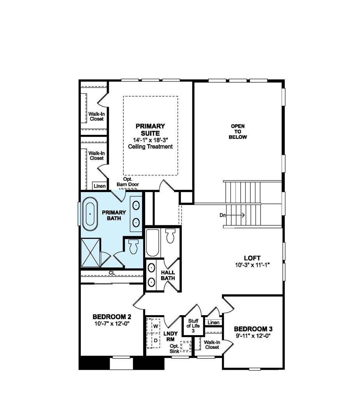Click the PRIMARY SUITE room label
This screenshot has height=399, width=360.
pyautogui.click(x=150, y=129)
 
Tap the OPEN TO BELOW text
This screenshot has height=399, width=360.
pyautogui.click(x=238, y=132)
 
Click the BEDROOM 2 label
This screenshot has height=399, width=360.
pyautogui.click(x=109, y=316)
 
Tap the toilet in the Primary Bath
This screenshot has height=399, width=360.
pyautogui.click(x=134, y=246)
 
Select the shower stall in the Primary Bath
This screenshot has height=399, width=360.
pyautogui.click(x=90, y=253)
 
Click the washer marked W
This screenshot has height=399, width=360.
pyautogui.click(x=155, y=325)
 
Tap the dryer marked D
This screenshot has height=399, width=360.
pyautogui.click(x=155, y=340)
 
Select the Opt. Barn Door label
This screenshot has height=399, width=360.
pyautogui.click(x=128, y=182)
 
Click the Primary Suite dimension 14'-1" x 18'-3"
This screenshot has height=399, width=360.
pyautogui.click(x=150, y=140)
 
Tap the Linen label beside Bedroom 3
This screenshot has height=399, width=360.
pyautogui.click(x=213, y=323)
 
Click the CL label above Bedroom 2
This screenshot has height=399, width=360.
pyautogui.click(x=112, y=272)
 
